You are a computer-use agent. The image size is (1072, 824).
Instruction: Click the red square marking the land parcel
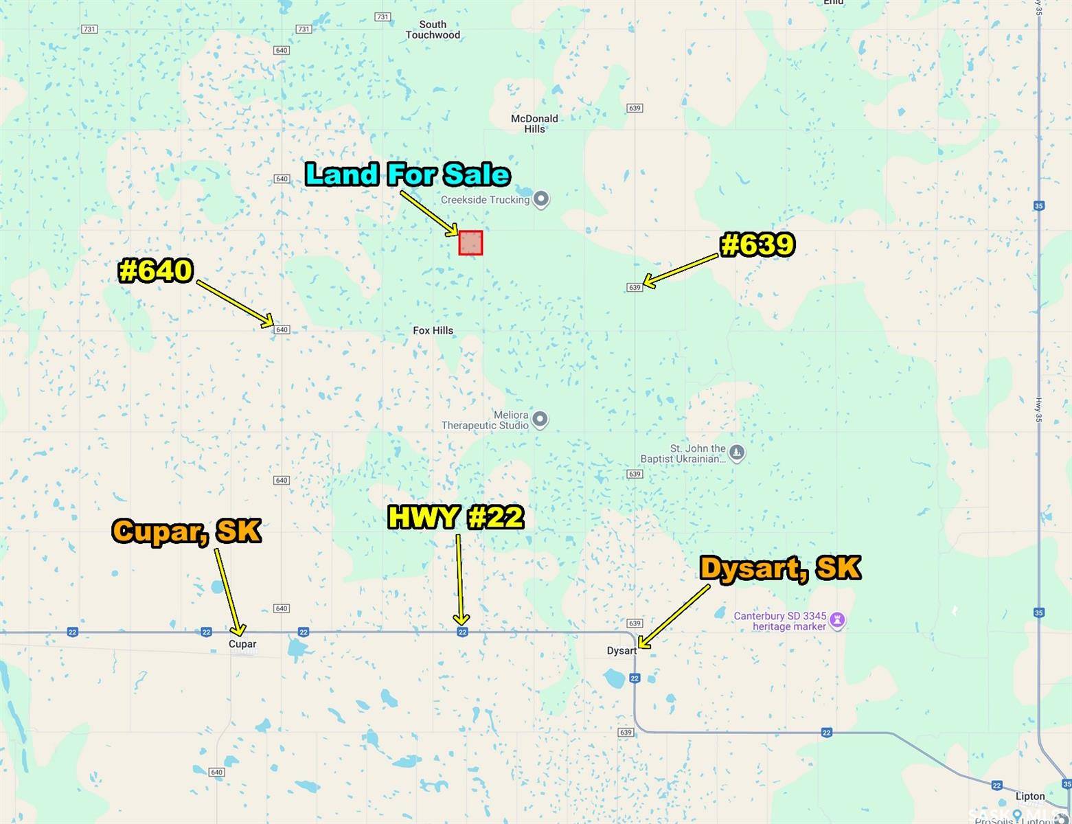(x=470, y=243)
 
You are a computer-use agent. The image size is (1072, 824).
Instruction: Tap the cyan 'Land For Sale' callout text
(x=407, y=174)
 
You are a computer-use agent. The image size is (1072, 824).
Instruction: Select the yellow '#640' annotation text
(x=156, y=271)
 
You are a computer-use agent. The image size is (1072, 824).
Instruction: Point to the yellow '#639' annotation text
(x=757, y=244)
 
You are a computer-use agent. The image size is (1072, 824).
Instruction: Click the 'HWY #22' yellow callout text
(x=455, y=517)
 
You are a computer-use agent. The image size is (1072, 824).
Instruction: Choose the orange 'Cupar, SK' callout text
(x=187, y=531)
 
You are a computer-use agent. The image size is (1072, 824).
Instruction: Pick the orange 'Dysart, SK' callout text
(x=779, y=568)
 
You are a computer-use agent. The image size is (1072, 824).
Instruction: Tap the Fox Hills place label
(x=433, y=330)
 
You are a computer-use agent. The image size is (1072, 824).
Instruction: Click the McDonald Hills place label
(x=534, y=124)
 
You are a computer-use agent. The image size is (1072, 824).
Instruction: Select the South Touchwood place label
(x=433, y=30)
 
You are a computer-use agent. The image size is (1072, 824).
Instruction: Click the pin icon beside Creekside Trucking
(x=541, y=200)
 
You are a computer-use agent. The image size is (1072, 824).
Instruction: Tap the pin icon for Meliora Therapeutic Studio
(x=540, y=419)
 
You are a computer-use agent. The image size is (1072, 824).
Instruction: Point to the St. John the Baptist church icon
(x=736, y=453)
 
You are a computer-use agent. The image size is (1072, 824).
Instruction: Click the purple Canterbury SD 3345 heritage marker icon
(x=836, y=621)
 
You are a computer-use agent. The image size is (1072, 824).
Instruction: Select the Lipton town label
(x=1029, y=797)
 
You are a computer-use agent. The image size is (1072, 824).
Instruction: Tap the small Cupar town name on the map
(x=242, y=644)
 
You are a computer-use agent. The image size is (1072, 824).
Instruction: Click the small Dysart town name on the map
(x=621, y=651)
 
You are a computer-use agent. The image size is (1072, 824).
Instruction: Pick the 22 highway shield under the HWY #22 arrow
(x=462, y=632)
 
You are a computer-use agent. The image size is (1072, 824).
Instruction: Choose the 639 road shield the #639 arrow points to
(x=635, y=287)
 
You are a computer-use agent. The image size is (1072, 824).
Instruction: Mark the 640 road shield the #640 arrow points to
(x=282, y=330)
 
